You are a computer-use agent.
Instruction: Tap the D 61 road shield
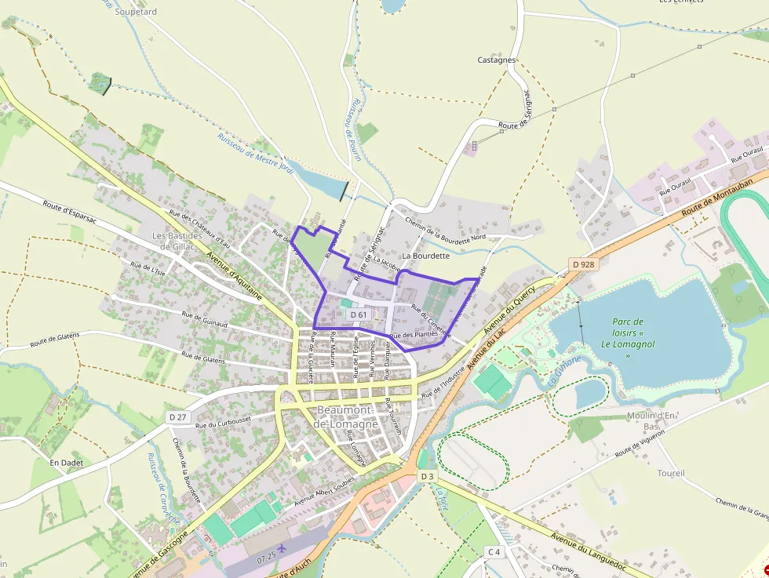359,314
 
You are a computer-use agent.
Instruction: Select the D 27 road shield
177,417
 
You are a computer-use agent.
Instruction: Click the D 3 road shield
426,476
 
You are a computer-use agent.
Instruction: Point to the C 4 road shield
493,552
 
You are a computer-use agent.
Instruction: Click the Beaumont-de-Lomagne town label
346,417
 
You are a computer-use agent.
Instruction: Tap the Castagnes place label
497,60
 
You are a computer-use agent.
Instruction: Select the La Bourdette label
425,256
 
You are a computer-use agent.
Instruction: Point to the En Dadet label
66,463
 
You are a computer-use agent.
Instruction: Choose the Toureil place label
671,474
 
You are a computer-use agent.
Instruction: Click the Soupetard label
136,12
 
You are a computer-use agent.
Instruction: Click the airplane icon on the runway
281,547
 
